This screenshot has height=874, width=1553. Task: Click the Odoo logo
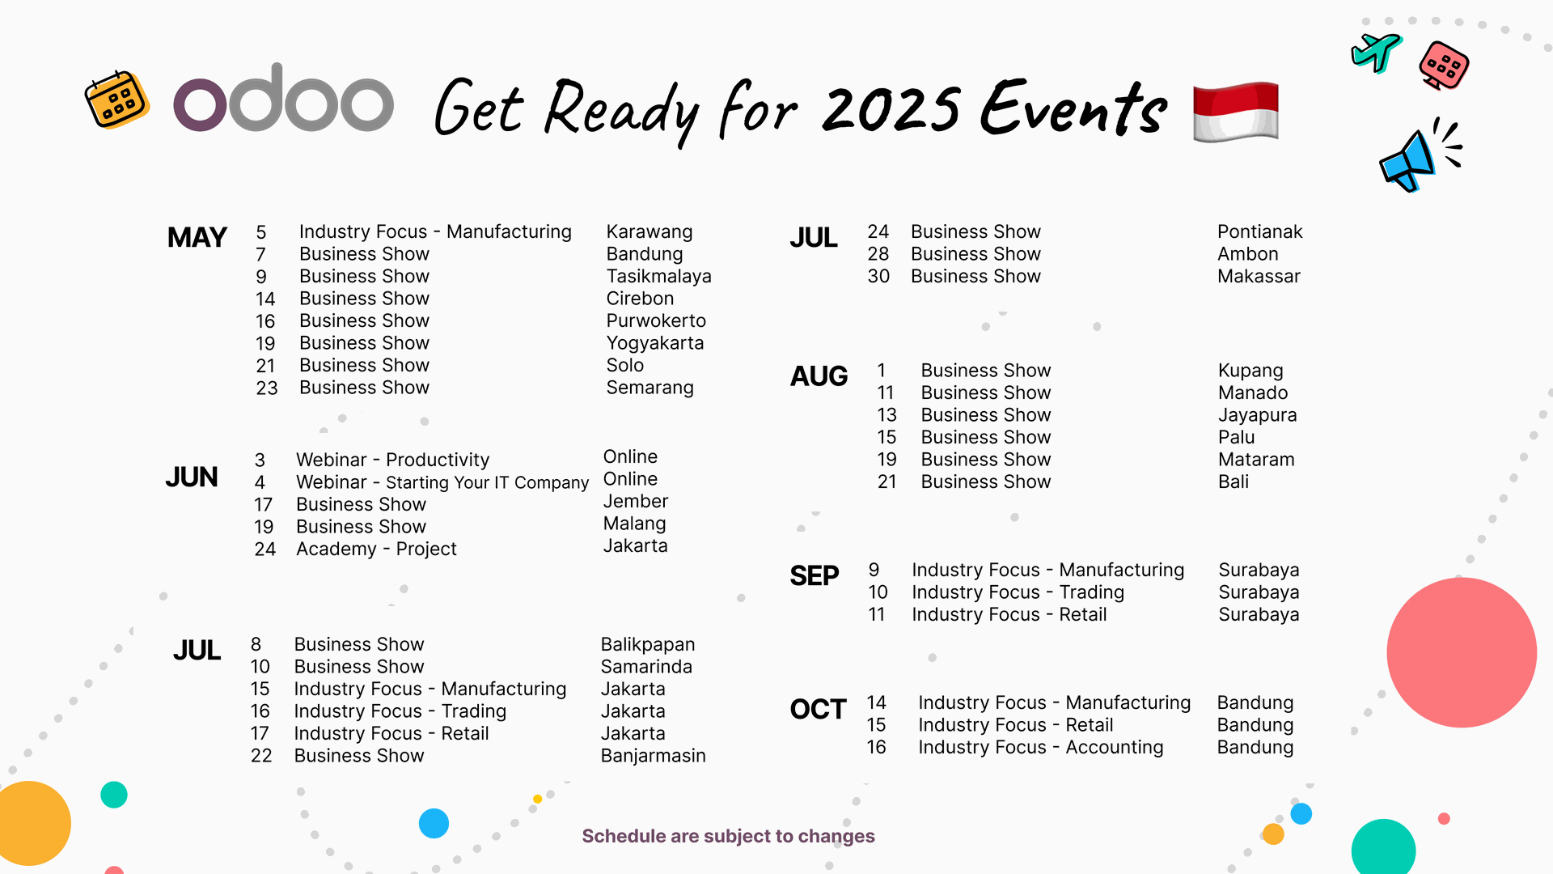[283, 101]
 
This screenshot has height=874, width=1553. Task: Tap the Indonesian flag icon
[1235, 112]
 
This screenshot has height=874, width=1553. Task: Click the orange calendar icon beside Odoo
[117, 100]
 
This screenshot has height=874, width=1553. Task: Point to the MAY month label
[197, 238]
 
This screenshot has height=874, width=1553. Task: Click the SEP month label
[814, 576]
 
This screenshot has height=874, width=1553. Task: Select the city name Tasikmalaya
[658, 277]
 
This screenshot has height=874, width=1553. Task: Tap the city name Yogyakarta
[654, 343]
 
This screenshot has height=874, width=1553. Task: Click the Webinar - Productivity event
[392, 460]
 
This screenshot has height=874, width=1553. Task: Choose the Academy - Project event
[376, 549]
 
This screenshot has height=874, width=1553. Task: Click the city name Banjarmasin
[653, 756]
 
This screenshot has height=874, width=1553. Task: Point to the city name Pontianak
[1259, 232]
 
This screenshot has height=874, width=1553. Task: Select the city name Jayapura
[1257, 415]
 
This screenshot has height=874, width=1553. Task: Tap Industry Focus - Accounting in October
[1040, 748]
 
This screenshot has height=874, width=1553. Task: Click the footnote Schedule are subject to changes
[728, 836]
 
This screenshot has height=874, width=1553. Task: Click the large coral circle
[1461, 652]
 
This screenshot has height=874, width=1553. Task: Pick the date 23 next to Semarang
[266, 388]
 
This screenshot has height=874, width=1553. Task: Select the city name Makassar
[1259, 277]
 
